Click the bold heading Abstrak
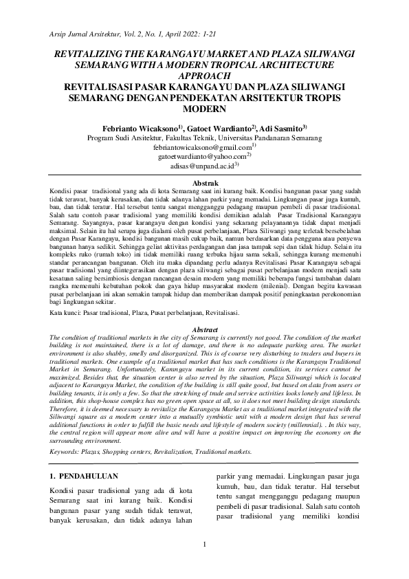click(x=204, y=182)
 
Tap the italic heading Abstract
click(x=204, y=329)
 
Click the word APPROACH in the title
click(x=204, y=76)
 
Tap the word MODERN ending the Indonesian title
click(x=204, y=109)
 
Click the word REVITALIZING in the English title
click(x=87, y=53)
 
